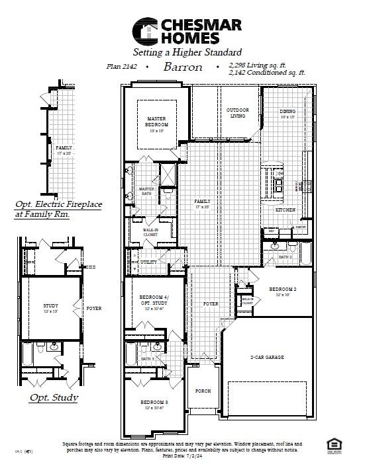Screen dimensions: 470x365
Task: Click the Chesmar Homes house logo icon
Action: (x=148, y=30)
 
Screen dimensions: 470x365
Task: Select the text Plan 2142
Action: (x=121, y=67)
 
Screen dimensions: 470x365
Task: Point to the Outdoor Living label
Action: (x=237, y=113)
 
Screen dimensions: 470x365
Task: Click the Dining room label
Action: (x=287, y=112)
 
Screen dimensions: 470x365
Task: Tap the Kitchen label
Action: (x=286, y=210)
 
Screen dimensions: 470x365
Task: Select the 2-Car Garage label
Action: (x=267, y=357)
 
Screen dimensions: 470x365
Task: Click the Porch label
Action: (x=203, y=391)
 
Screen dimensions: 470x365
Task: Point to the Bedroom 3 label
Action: (x=154, y=403)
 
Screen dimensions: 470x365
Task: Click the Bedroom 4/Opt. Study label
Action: (x=154, y=301)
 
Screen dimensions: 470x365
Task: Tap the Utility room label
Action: (x=149, y=262)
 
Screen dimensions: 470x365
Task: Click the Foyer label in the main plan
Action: (x=211, y=303)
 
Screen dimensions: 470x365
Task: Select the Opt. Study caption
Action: (x=54, y=398)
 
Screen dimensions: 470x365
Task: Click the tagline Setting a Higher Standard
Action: (x=187, y=52)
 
